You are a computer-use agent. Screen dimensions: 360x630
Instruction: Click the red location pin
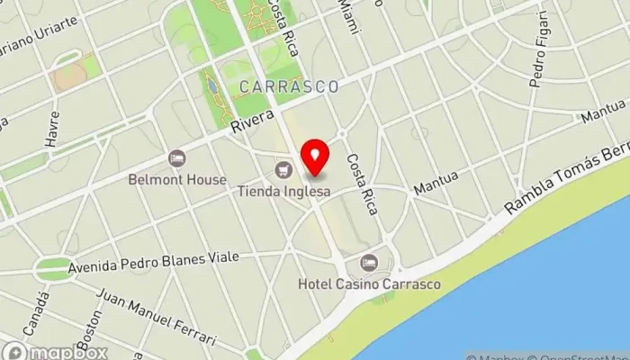pos(315,157)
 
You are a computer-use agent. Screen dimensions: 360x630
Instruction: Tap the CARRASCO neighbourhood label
pos(289,86)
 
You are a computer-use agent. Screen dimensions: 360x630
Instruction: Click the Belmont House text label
pos(189,179)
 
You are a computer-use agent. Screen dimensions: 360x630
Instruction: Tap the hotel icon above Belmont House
pos(177,158)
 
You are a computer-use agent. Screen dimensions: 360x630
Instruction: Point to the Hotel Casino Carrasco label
pos(370,285)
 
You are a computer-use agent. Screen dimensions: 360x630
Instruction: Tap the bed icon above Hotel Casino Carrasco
pos(368,264)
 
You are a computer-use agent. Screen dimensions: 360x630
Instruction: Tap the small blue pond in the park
pos(211,86)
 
